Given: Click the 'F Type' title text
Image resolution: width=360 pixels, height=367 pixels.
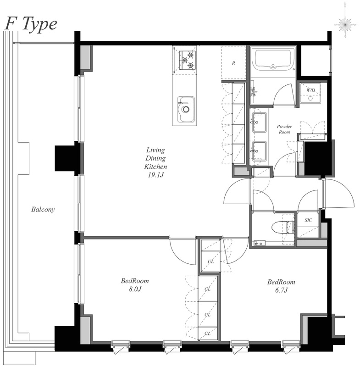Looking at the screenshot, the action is [x=31, y=24].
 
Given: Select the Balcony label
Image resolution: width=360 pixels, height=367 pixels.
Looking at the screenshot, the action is [x=43, y=209].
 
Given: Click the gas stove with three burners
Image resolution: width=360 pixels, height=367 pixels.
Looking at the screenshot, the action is [x=184, y=61].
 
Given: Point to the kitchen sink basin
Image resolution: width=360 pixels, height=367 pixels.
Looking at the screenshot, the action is [x=186, y=109].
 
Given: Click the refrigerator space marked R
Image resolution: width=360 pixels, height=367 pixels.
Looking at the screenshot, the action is [x=233, y=63].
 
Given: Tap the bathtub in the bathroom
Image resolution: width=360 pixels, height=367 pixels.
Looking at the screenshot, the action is [x=273, y=60].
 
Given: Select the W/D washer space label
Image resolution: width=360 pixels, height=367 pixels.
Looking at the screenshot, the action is [x=310, y=90].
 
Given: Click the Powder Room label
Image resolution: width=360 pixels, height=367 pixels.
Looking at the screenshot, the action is [x=284, y=129].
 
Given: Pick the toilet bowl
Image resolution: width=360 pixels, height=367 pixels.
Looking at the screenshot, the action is [x=282, y=227].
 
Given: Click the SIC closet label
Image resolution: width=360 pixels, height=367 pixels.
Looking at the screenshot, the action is [x=308, y=220].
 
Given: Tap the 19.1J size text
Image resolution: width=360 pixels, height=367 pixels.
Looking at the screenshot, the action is [x=155, y=175].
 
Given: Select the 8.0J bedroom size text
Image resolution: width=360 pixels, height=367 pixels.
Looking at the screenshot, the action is [x=135, y=289].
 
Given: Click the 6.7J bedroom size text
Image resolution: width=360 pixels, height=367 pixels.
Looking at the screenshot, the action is [x=281, y=290].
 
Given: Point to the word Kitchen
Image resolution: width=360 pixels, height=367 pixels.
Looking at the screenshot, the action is [x=155, y=167].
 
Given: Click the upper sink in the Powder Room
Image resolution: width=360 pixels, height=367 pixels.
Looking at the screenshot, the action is [x=259, y=122].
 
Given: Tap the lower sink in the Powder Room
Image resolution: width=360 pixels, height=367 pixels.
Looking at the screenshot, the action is [x=259, y=151].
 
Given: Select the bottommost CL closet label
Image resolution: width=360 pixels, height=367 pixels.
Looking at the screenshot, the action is [x=207, y=334].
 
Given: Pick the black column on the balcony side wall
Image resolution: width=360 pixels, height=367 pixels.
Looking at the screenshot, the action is [x=65, y=158].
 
